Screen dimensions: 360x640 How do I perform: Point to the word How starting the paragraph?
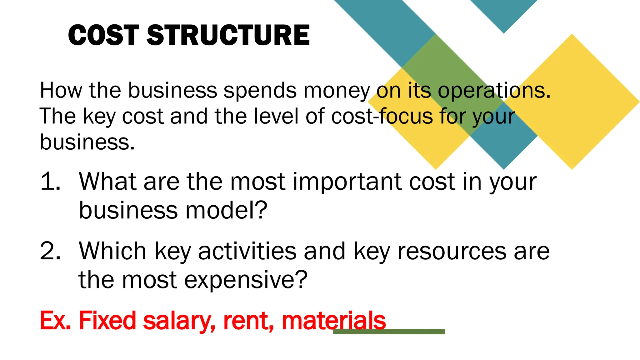pyautogui.click(x=61, y=91)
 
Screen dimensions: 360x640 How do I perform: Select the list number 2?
pyautogui.click(x=50, y=251)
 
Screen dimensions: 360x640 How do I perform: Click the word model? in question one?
pyautogui.click(x=226, y=210)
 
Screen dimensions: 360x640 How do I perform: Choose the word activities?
pyautogui.click(x=247, y=251)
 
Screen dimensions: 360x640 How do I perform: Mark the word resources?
pyautogui.click(x=452, y=251)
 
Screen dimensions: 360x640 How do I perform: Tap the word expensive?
pyautogui.click(x=246, y=280)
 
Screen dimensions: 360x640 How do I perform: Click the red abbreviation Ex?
pyautogui.click(x=55, y=320)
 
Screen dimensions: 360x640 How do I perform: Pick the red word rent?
pyautogui.click(x=248, y=321)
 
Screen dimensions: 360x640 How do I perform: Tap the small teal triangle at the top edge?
pyautogui.click(x=503, y=12)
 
